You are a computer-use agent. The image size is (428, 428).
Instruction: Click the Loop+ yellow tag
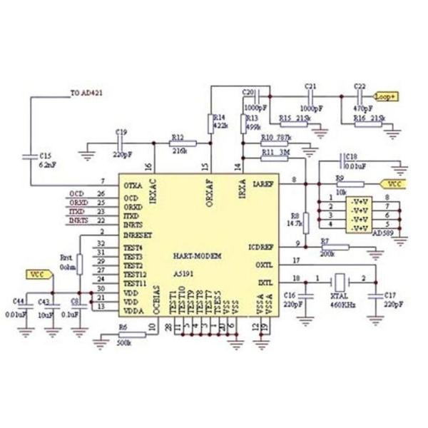(387, 95)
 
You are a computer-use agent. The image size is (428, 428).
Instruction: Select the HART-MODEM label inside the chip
(198, 255)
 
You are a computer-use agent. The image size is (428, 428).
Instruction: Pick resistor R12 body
(183, 144)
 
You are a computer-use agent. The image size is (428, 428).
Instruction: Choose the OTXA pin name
(133, 184)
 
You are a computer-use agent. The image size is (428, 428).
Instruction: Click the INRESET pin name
(138, 233)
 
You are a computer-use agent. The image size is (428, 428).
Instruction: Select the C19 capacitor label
(121, 132)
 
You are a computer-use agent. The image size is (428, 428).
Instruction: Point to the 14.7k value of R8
(295, 223)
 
